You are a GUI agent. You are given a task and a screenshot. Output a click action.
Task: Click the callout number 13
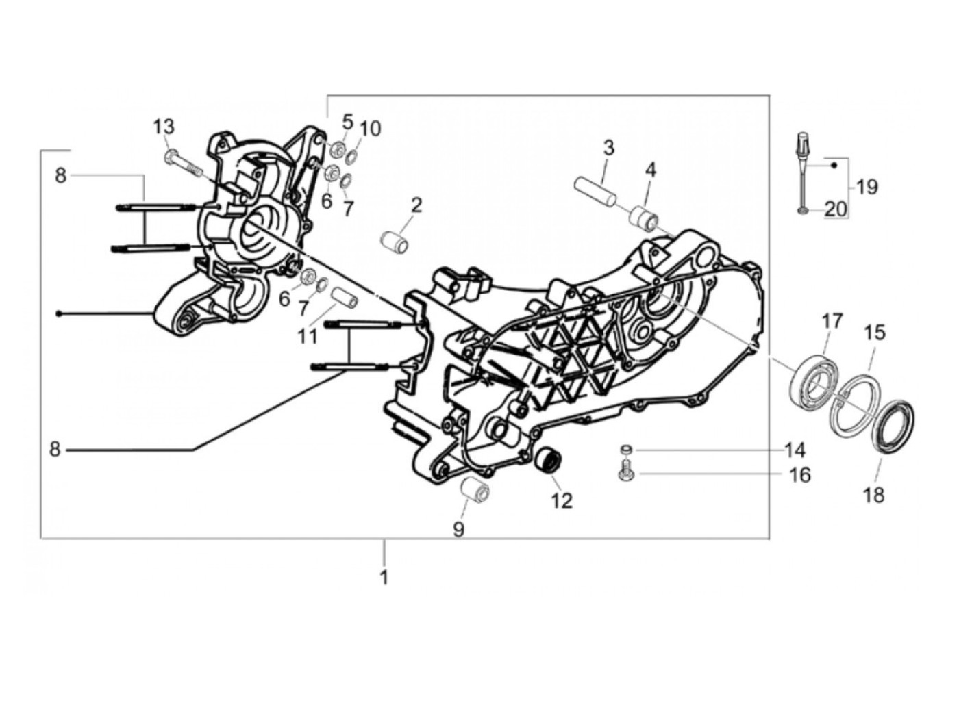[164, 127]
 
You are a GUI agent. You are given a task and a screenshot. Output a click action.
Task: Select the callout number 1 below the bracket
[384, 577]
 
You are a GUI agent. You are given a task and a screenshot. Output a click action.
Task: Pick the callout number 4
[650, 169]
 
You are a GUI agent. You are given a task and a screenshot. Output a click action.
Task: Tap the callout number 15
[874, 333]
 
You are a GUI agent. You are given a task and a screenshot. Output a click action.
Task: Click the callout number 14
[795, 450]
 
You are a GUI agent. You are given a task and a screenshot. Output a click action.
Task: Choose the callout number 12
[562, 501]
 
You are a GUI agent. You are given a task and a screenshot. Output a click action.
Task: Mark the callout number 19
[867, 186]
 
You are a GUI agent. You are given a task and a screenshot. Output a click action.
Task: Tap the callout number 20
[836, 209]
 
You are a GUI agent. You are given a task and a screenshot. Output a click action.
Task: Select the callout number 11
[308, 337]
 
